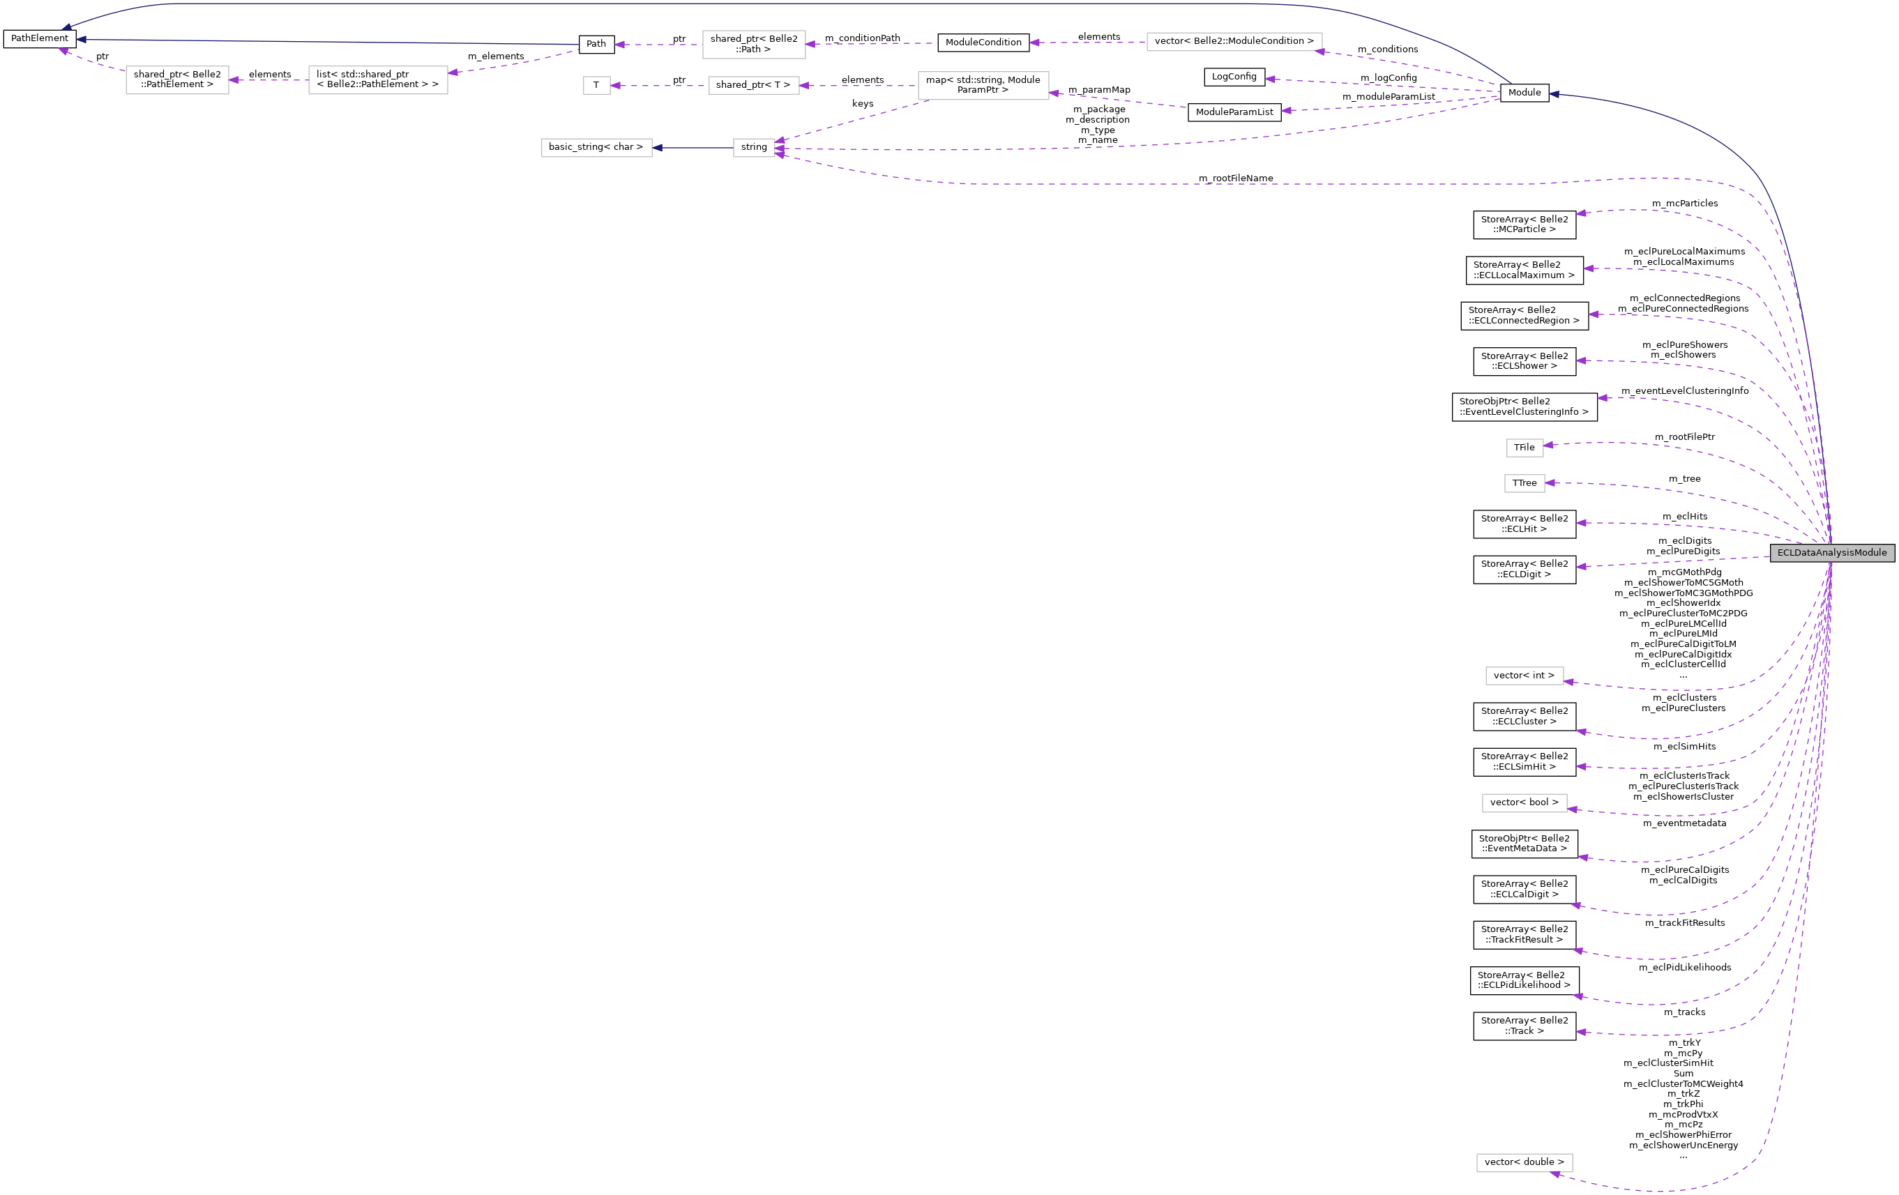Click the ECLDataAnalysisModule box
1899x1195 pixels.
point(1832,553)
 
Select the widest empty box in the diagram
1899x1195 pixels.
point(1234,42)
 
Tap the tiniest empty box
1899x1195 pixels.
point(596,85)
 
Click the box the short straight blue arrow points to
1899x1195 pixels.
point(596,147)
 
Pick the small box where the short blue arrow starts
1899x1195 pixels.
point(754,147)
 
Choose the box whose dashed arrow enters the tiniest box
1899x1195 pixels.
point(754,85)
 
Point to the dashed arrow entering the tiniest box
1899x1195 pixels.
point(658,85)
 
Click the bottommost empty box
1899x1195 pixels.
point(1525,1163)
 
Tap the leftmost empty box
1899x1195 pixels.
point(176,79)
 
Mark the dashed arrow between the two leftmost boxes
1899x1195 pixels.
point(268,79)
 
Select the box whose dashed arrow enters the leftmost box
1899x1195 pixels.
point(378,79)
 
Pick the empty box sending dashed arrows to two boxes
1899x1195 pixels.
point(983,85)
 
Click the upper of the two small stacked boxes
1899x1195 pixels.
point(1525,448)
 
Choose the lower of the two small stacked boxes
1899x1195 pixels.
point(1525,483)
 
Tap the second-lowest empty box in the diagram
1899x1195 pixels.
point(1525,802)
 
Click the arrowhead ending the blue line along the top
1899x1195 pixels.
point(66,29)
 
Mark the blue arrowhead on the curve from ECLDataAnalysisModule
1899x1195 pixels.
point(1554,94)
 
